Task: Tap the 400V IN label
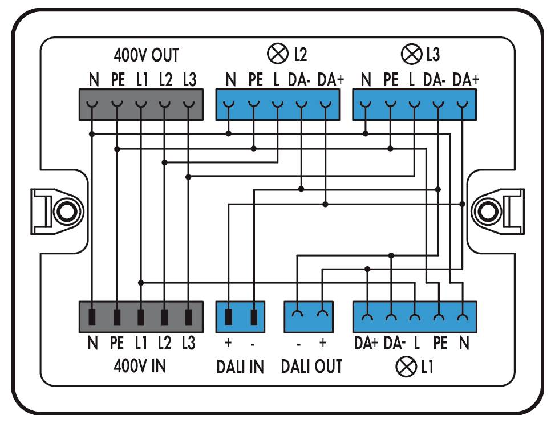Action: (x=139, y=365)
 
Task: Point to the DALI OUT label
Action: (x=311, y=366)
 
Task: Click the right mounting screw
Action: (x=490, y=211)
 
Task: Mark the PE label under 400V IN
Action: (x=116, y=344)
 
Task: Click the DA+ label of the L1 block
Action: (x=366, y=344)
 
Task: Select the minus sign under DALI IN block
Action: (x=253, y=344)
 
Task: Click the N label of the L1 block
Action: (x=464, y=344)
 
